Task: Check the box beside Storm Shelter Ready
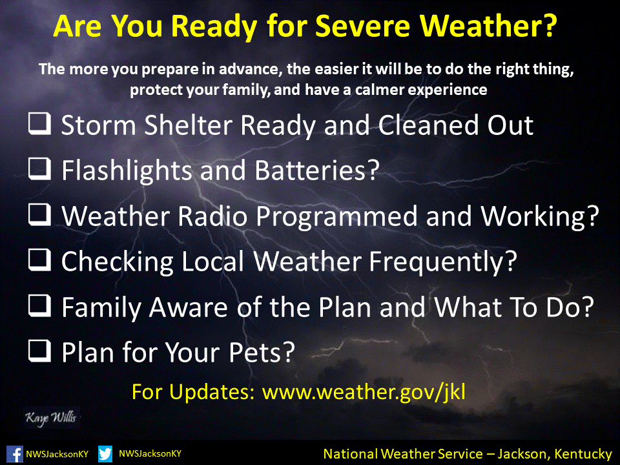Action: click(x=39, y=124)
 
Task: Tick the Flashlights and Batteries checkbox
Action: click(x=39, y=169)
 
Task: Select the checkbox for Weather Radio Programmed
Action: click(x=39, y=214)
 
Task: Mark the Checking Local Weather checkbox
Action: click(x=39, y=260)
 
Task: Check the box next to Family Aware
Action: click(x=39, y=305)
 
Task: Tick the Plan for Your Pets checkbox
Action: click(x=39, y=351)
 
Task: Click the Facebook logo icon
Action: click(x=15, y=454)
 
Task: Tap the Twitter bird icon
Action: click(x=105, y=454)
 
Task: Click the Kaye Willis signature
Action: click(x=51, y=418)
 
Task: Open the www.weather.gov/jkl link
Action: click(x=364, y=392)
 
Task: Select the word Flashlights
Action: click(x=127, y=170)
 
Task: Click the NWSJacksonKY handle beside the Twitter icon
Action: click(x=150, y=453)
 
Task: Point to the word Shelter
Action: click(x=188, y=125)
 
